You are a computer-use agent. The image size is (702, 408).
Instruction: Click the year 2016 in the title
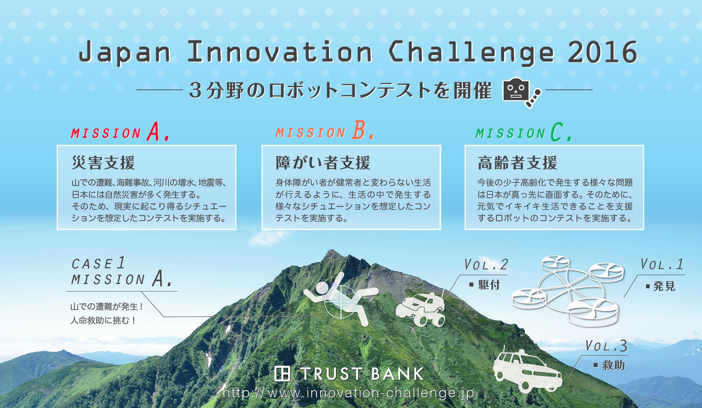(x=602, y=52)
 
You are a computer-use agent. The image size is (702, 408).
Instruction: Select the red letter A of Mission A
(x=154, y=131)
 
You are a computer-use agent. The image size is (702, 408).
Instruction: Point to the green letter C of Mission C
(x=557, y=132)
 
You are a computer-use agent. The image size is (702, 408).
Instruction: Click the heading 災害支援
(x=103, y=163)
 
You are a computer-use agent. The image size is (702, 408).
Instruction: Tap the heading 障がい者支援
(x=323, y=163)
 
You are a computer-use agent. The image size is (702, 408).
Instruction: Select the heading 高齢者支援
(x=517, y=163)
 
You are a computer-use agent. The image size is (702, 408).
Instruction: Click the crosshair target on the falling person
(x=341, y=301)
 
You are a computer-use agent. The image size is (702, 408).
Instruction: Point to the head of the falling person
(x=323, y=288)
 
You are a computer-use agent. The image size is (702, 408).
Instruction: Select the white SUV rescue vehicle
(x=527, y=371)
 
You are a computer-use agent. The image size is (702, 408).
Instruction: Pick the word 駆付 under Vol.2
(x=489, y=285)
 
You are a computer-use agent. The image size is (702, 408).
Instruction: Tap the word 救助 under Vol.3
(x=613, y=365)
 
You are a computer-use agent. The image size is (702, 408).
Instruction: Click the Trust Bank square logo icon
(x=282, y=374)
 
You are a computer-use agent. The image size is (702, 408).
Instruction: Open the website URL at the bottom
(x=349, y=393)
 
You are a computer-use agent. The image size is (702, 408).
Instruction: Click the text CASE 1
(x=98, y=263)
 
